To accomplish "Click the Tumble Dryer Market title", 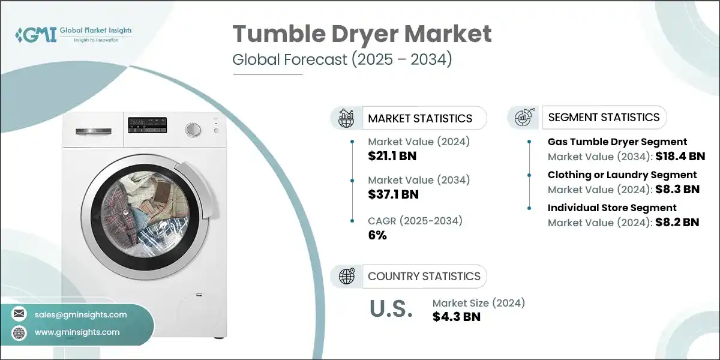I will coord(362,35).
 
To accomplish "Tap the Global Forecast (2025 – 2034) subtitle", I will coord(342,60).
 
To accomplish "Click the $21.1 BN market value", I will coord(392,157).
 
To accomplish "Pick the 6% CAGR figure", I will coord(377,235).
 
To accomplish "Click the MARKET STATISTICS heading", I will coord(420,118).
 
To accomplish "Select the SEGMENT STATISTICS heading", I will coord(604,118).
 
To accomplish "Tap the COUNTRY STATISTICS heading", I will coord(424,276).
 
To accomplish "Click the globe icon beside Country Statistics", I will coord(347,276).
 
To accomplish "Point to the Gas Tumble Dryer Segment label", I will coord(617,142).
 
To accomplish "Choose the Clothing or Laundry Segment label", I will coord(622,175).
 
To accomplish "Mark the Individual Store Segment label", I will coord(612,208).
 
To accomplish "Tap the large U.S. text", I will coord(390,308).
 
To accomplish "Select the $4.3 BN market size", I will coord(456,317).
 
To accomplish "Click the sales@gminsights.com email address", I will coord(81,314).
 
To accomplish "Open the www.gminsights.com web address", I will coord(77,332).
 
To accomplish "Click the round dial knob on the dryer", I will coord(193,130).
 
